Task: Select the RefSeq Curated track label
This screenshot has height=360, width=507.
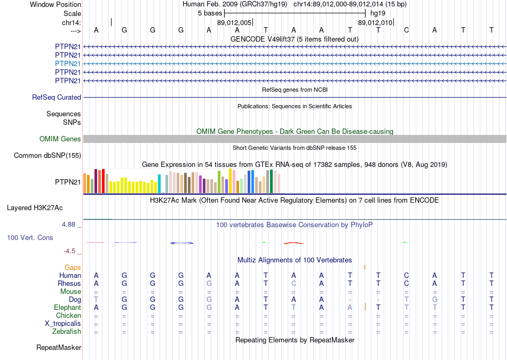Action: pos(57,98)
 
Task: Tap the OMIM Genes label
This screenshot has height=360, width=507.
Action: pos(60,139)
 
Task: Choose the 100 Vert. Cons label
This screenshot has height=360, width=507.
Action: pos(30,237)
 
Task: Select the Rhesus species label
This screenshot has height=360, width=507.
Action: pos(70,283)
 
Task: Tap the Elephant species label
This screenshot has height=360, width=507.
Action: pos(68,308)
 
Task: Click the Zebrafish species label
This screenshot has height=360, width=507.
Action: pos(67,332)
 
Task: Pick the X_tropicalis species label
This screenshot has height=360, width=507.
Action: pos(63,324)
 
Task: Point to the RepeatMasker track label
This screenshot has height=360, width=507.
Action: pos(59,348)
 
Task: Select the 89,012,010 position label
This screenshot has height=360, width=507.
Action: pos(375,23)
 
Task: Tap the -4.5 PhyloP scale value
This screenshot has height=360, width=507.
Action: pos(69,251)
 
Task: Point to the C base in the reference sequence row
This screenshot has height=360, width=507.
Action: pos(407,30)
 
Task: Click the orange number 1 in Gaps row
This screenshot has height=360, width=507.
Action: pos(365,267)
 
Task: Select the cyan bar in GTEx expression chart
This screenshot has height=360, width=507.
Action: pos(160,184)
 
